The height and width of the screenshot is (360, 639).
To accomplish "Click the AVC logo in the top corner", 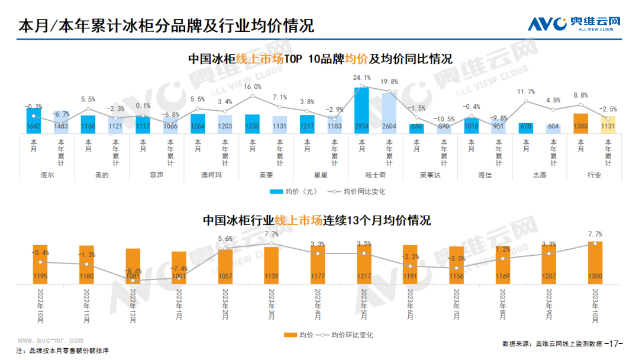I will pos(574,24).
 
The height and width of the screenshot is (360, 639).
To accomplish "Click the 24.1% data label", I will pos(362,78).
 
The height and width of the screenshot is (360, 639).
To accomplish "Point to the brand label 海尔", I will pos(48,175).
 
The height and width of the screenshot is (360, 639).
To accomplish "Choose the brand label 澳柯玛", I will pos(211,175).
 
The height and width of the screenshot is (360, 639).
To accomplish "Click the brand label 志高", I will pos(540,175).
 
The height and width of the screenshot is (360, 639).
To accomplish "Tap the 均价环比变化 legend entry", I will pos(346,335).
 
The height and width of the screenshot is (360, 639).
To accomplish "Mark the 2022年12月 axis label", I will pos(133,305).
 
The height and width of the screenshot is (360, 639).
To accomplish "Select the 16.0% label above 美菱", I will pos(252,87).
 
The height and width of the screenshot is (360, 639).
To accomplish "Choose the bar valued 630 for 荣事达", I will pos(417,128).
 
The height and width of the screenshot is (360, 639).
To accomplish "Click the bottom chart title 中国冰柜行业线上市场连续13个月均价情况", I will pos(317,221).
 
